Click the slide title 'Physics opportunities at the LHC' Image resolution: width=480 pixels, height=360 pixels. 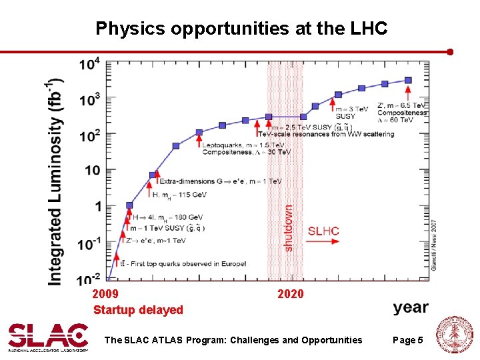(241, 29)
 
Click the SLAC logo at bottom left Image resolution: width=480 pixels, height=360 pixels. (48, 337)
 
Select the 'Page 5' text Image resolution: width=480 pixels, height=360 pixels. (407, 341)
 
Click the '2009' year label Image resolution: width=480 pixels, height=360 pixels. (105, 294)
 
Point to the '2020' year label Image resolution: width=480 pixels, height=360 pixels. (290, 294)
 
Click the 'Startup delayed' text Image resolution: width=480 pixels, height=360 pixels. (138, 310)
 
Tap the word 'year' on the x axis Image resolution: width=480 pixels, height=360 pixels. (411, 307)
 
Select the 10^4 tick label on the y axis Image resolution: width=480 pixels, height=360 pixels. (89, 65)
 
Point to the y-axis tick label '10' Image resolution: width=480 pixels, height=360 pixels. (93, 171)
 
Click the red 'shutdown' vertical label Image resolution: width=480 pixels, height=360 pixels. (289, 227)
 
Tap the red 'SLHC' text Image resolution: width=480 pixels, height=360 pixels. (323, 231)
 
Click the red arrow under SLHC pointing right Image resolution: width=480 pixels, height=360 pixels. (323, 241)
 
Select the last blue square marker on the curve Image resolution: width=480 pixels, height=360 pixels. (408, 80)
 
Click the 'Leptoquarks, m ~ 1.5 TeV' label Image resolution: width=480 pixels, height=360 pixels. (243, 145)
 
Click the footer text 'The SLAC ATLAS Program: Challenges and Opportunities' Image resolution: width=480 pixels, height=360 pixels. (233, 341)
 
